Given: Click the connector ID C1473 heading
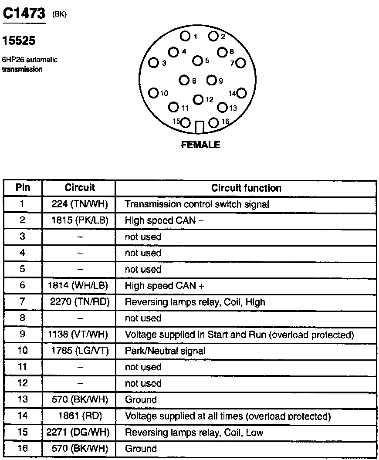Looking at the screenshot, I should [x=24, y=14].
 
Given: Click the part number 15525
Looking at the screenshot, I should [x=19, y=41].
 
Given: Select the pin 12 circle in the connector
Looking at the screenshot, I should [x=198, y=100].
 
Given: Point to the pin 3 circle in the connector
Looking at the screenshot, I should [x=153, y=63].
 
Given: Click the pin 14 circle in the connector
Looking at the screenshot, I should [x=241, y=93].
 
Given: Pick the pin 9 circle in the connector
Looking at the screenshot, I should [x=212, y=80].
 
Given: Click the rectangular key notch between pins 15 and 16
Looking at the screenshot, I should [x=200, y=127].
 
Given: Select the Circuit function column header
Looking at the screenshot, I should [x=246, y=188].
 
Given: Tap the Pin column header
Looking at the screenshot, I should [x=23, y=188].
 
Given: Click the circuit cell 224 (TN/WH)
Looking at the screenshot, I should [x=79, y=204].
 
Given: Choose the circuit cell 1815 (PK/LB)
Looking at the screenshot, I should [x=79, y=220].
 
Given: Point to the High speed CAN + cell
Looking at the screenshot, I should [x=164, y=286].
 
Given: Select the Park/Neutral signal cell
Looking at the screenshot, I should [x=165, y=351].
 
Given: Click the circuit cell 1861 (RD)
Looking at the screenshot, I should [x=79, y=416].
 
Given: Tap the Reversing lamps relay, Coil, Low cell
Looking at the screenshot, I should [x=194, y=433].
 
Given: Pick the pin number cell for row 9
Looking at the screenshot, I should [x=23, y=335].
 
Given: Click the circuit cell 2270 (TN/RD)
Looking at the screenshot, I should [x=79, y=302].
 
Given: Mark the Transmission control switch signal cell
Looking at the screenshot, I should [x=197, y=204].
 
